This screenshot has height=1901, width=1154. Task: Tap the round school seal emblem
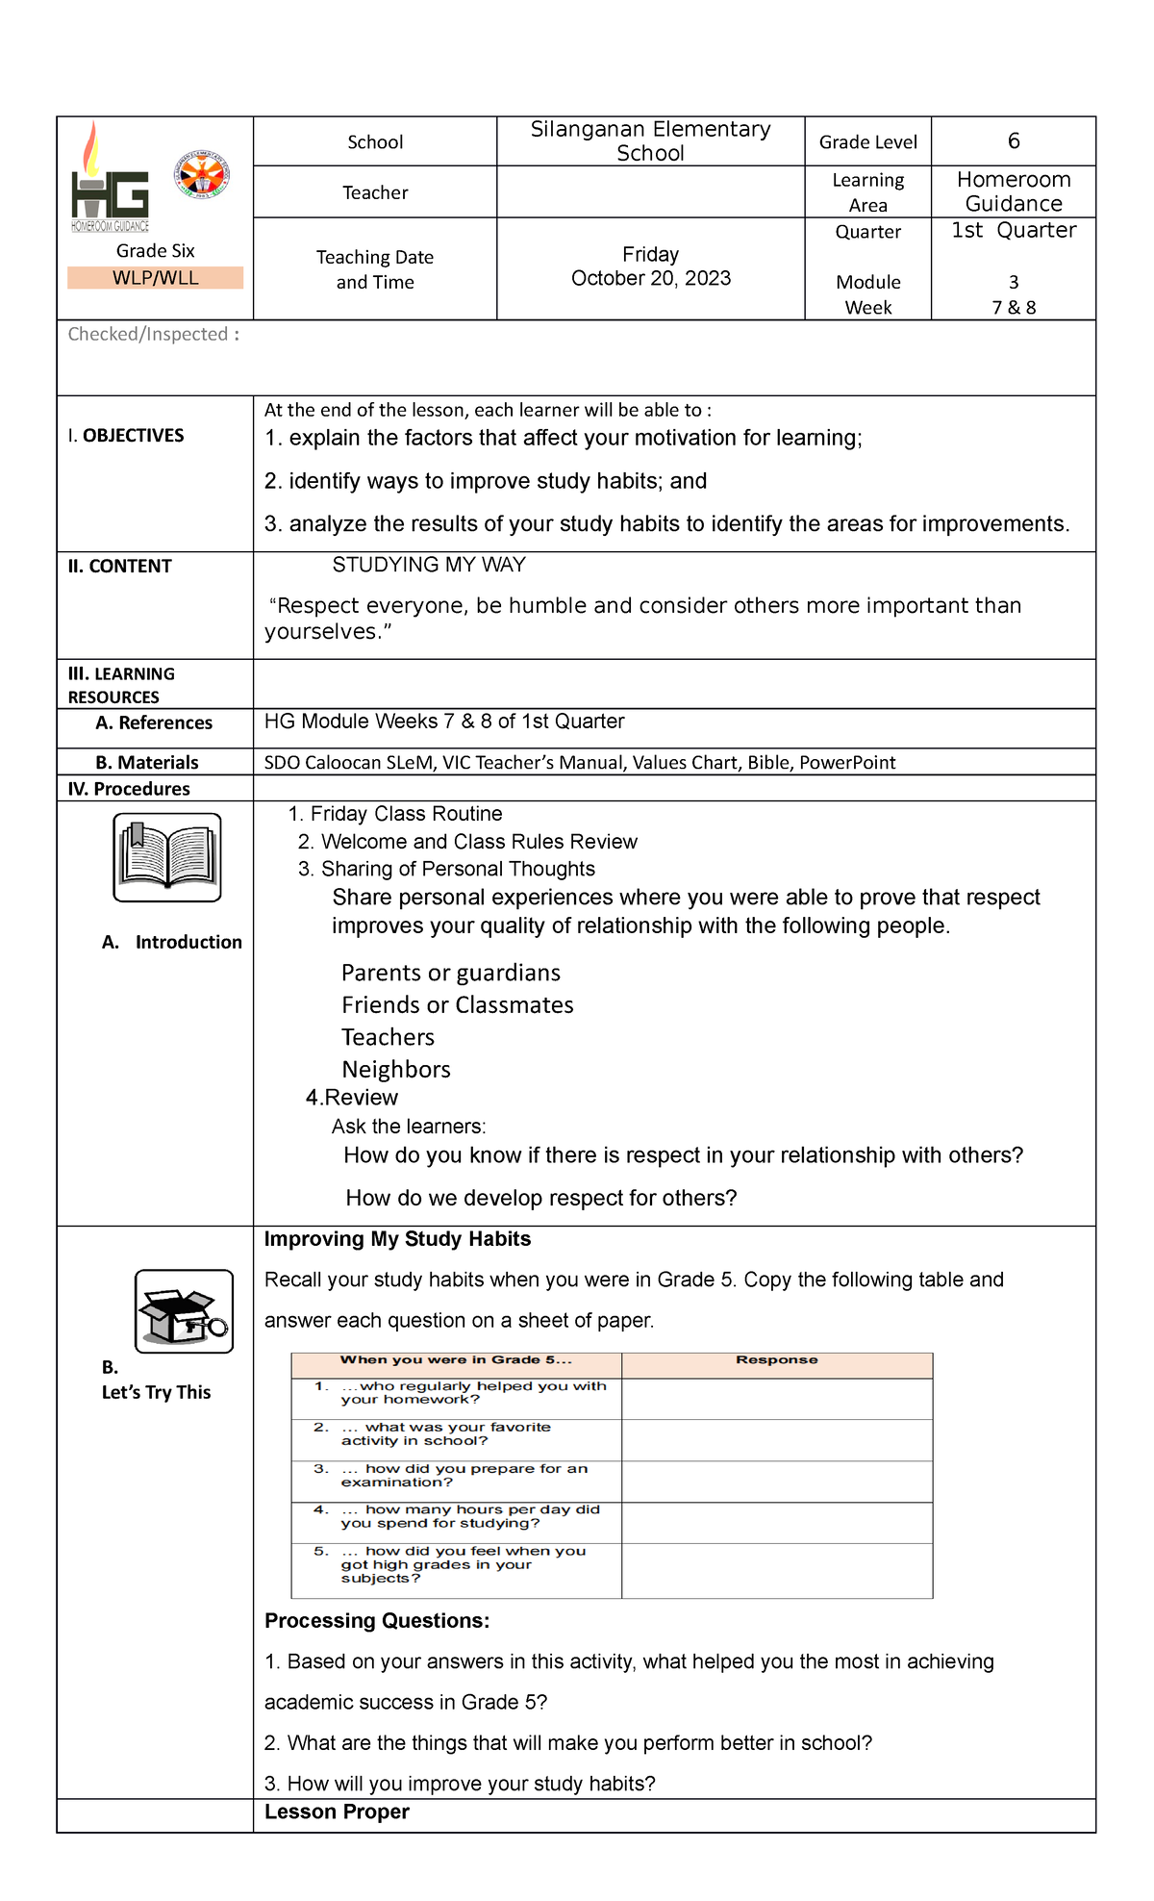click(202, 175)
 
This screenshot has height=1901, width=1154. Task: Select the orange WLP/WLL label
click(155, 278)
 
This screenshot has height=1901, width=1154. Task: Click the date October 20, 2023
click(651, 278)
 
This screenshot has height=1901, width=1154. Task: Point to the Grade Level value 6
click(1014, 141)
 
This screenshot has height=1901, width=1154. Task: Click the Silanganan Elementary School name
click(651, 141)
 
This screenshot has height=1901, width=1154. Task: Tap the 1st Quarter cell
click(1014, 231)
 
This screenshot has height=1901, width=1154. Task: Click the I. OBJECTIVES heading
click(126, 436)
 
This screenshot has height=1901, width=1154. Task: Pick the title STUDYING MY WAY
click(429, 565)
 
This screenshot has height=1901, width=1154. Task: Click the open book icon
click(167, 857)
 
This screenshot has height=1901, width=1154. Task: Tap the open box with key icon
click(184, 1311)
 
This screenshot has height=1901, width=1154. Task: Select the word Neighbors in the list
click(396, 1070)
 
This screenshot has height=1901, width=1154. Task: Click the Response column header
click(776, 1359)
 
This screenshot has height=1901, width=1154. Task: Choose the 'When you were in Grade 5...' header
click(456, 1359)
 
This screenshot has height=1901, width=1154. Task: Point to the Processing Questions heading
click(377, 1621)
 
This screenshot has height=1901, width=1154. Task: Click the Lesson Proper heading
click(337, 1812)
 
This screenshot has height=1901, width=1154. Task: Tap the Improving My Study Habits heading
click(397, 1239)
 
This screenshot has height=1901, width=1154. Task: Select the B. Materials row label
click(146, 763)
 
